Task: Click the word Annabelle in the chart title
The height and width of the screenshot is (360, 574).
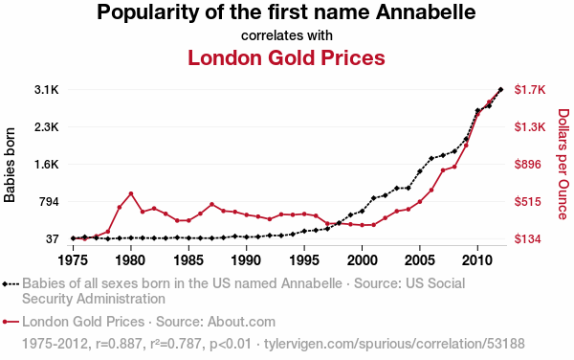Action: (x=426, y=12)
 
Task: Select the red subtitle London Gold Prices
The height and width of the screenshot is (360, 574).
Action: (x=286, y=57)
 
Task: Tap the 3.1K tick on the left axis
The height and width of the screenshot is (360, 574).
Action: (x=47, y=90)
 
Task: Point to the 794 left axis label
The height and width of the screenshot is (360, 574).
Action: (x=49, y=202)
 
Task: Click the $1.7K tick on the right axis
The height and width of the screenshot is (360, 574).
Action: (x=530, y=90)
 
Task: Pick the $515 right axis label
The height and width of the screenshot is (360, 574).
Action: (x=527, y=202)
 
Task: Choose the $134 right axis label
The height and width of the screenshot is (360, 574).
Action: (x=527, y=239)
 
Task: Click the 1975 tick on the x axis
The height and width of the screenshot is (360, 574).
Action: (x=74, y=260)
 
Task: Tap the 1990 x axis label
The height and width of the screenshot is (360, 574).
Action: (x=247, y=260)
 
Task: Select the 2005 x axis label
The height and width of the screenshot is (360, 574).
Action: (x=420, y=260)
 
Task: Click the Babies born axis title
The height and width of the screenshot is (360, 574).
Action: (x=10, y=165)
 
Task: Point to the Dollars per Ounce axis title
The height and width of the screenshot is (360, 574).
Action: (x=563, y=164)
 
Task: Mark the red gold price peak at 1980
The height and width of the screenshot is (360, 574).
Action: (x=131, y=193)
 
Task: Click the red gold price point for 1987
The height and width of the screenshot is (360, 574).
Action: (x=211, y=204)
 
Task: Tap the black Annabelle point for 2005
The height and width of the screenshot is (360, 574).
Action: (x=420, y=171)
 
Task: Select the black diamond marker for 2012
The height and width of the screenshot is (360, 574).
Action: (x=500, y=89)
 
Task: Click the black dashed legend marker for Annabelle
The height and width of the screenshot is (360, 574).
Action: (x=11, y=283)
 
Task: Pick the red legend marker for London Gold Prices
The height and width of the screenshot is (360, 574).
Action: (x=11, y=322)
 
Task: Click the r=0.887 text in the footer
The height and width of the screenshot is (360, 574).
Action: (x=119, y=344)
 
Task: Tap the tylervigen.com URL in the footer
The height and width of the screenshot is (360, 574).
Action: (x=394, y=344)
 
